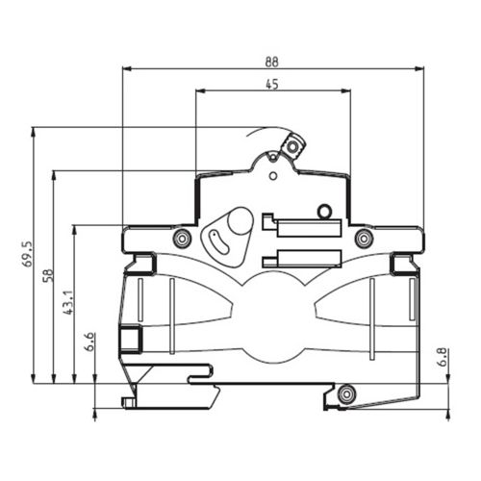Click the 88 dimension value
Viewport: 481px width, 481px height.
[271, 62]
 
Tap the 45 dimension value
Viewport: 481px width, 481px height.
[272, 85]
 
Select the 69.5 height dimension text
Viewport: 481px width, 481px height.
[28, 254]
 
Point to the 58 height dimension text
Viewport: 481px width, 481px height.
[48, 275]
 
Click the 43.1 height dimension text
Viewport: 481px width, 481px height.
[69, 303]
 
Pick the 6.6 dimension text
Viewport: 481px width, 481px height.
[89, 342]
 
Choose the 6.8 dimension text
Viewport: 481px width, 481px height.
[443, 357]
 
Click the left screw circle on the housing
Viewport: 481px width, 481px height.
[182, 239]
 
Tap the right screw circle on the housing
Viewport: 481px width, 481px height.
[363, 239]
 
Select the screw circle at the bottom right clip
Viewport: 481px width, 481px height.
[346, 393]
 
